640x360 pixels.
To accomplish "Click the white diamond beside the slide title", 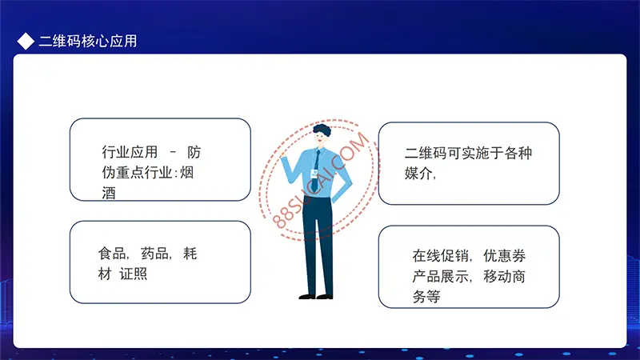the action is pos(26,42).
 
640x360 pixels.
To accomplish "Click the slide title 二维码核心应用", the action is pos(88,42).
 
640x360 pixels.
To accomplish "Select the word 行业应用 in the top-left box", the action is pos(130,152).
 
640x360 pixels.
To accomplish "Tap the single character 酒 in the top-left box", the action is pos(109,193).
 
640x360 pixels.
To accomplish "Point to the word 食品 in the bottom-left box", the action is pos(112,254).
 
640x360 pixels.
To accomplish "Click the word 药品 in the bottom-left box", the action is pos(154,254).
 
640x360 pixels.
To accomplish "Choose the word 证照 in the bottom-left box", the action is pos(133,274).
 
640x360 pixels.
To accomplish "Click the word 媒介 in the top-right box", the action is pos(418,173).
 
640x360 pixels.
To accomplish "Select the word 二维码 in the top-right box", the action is pos(426,153).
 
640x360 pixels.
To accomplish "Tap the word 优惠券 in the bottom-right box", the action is pos(505,256).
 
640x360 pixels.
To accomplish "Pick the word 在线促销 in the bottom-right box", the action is pos(440,256).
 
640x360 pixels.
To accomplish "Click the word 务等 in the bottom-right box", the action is pos(426,297).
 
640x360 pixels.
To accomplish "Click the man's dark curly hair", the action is pos(322,130).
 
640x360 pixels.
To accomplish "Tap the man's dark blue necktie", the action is pos(315,170).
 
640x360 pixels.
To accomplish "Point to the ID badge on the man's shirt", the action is pos(314,174).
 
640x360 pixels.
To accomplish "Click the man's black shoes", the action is pos(315,297).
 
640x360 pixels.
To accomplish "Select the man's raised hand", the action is pos(282,154).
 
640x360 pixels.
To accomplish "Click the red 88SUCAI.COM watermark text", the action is pos(321,180).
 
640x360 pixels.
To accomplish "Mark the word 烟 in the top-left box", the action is pos(186,173).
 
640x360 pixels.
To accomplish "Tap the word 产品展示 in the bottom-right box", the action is pos(440,276).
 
